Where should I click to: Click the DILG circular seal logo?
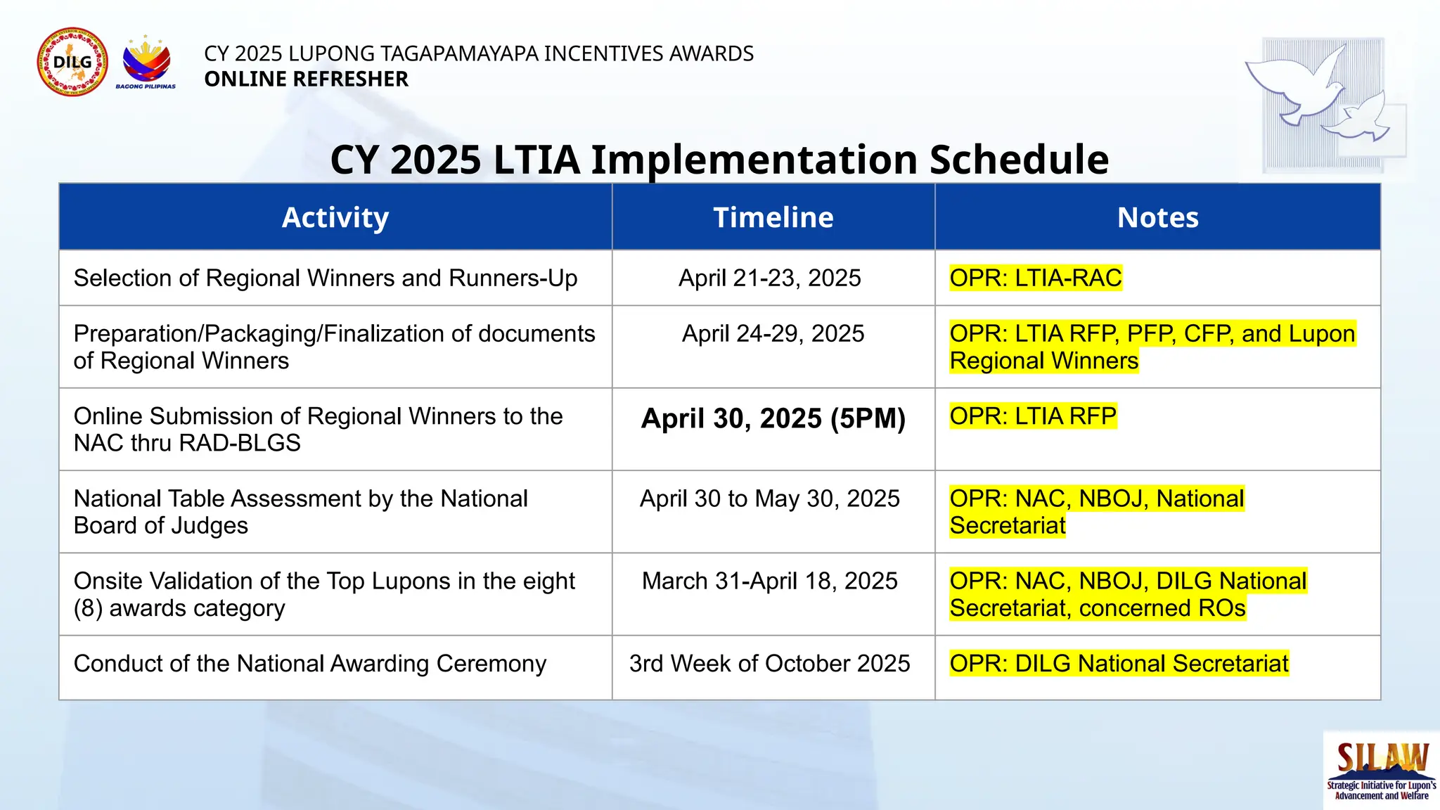72,62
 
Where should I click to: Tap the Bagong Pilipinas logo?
146,62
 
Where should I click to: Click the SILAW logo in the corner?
1382,770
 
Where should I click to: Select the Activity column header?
335,217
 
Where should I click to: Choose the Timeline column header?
773,217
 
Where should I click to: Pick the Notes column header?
1157,217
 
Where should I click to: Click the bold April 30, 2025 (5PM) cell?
773,418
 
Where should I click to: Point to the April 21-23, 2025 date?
769,278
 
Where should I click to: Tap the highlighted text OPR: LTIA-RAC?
1035,278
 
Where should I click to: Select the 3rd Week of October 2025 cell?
769,663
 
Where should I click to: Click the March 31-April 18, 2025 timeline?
769,581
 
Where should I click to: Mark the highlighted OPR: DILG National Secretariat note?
1119,663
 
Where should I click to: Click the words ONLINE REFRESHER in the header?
306,79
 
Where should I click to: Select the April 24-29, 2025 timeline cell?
773,333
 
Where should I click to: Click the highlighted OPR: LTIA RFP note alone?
1032,416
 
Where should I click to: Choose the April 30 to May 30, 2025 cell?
769,499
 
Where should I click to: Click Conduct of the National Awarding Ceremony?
309,663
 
